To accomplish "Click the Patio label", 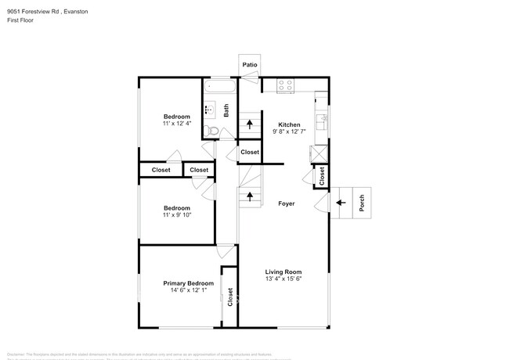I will tap(249, 64).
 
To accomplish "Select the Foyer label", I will tap(287, 203).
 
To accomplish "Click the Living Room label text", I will tap(283, 272).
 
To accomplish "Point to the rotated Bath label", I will tap(226, 111).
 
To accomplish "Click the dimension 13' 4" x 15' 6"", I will tap(283, 279).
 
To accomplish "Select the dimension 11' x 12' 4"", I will tap(177, 124).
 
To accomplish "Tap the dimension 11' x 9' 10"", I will tap(177, 215).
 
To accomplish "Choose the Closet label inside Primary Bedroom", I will tap(230, 296).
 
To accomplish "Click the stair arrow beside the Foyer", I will tap(250, 196).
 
